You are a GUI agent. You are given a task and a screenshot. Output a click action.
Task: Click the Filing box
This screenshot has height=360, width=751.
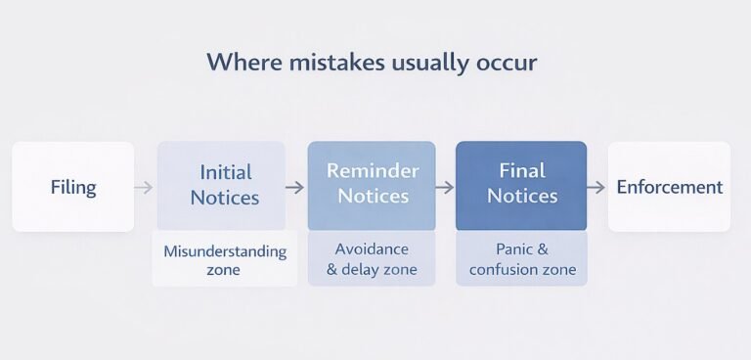(73, 187)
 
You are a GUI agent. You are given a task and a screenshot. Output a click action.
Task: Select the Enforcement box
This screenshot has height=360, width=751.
(670, 187)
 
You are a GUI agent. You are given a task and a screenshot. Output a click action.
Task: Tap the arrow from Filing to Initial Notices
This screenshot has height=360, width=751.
(144, 187)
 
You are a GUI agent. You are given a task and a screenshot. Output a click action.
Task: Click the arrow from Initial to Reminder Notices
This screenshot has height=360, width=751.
(294, 187)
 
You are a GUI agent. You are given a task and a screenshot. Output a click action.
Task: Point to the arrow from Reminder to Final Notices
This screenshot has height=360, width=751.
(444, 187)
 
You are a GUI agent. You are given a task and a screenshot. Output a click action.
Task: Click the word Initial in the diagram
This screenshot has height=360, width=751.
(225, 172)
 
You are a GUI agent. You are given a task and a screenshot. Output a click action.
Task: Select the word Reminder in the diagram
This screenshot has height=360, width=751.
(372, 171)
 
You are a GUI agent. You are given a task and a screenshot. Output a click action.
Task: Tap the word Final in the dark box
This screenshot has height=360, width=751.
(521, 171)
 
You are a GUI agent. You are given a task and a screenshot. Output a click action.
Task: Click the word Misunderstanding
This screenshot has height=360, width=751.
(225, 251)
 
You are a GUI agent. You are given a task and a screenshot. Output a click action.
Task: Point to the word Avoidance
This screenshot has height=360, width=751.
(372, 248)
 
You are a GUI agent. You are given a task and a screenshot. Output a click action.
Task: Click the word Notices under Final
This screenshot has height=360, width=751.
(521, 197)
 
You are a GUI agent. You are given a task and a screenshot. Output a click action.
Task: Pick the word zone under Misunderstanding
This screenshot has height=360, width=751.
(225, 270)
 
